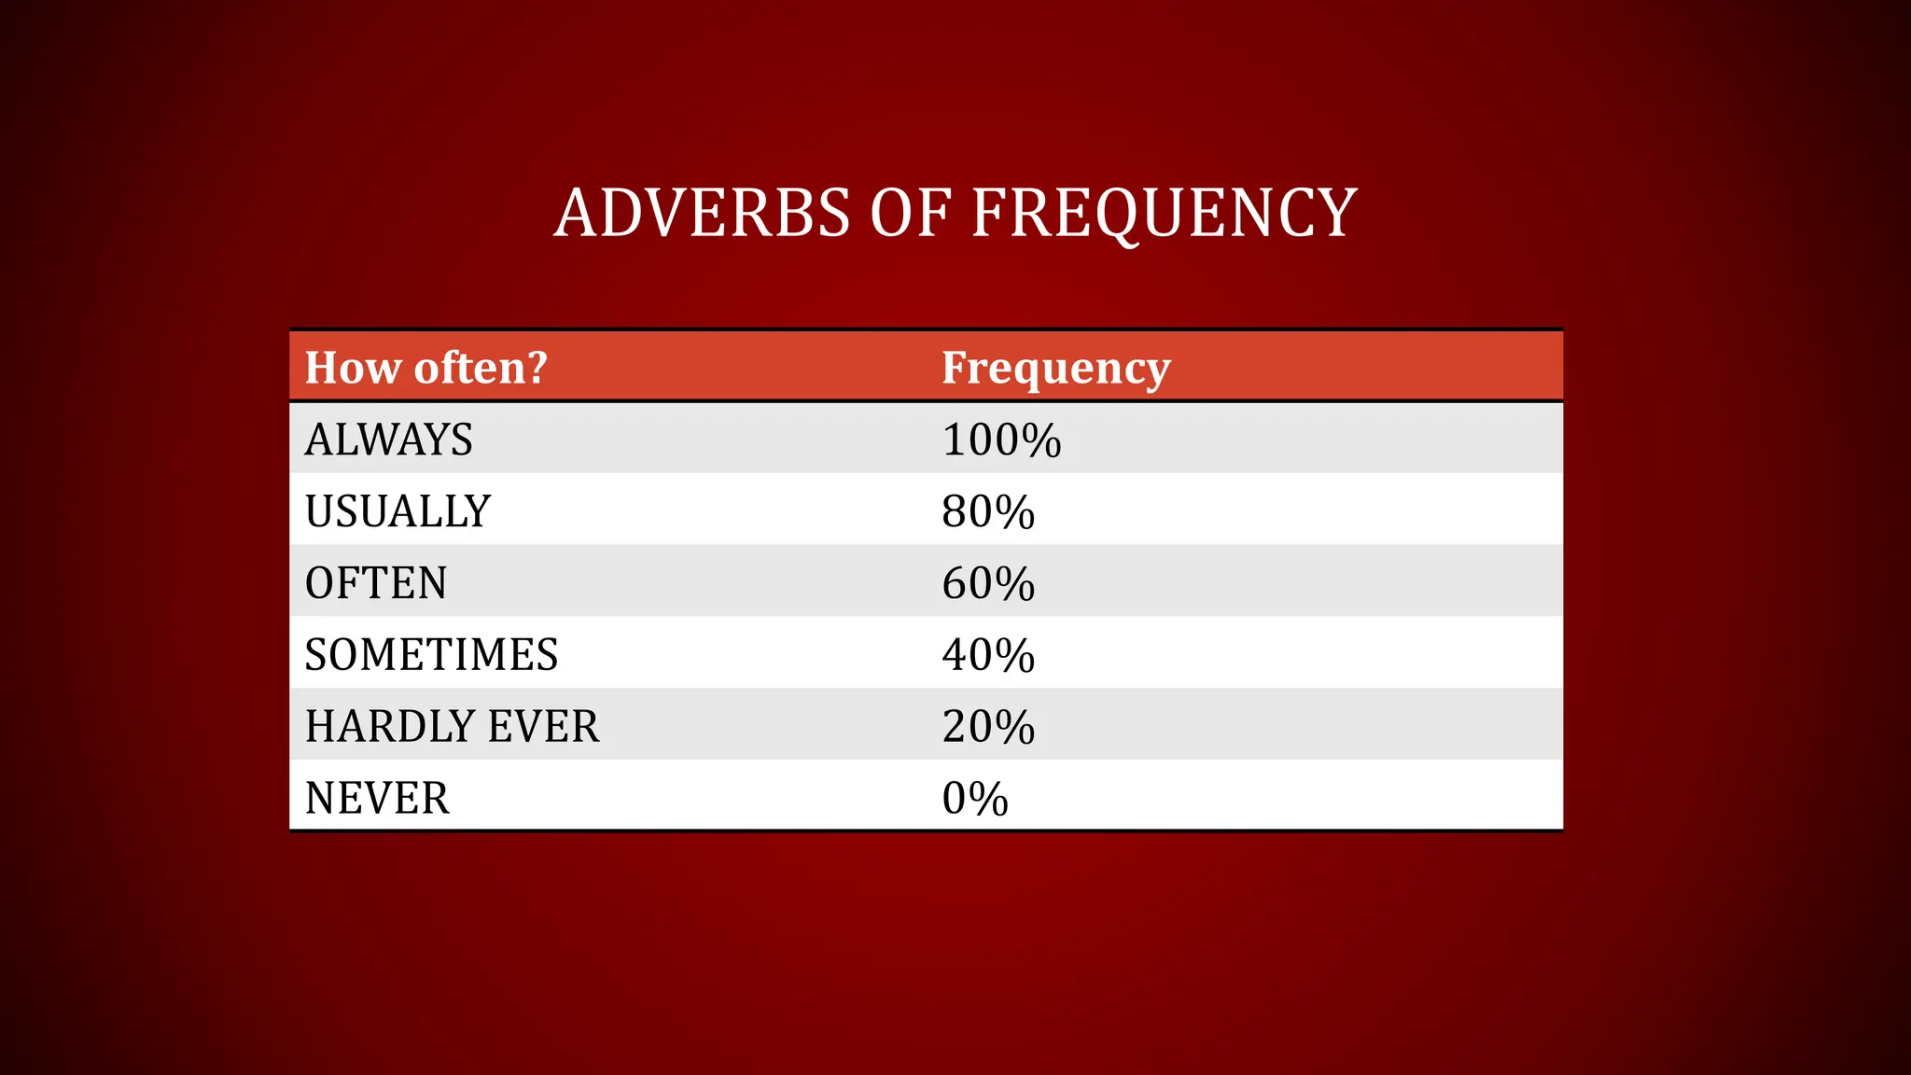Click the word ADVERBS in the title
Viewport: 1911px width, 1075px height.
[x=702, y=214]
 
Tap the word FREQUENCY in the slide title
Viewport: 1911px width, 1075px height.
[x=1164, y=214]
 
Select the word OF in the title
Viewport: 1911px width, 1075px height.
[x=910, y=214]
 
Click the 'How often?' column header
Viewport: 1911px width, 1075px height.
[x=425, y=368]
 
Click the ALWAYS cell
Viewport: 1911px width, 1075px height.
[x=388, y=440]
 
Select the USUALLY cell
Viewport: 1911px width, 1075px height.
[x=398, y=511]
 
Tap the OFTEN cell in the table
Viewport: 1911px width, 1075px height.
[x=376, y=583]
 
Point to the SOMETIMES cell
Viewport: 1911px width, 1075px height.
[x=431, y=655]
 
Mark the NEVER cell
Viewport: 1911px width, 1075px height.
[x=377, y=799]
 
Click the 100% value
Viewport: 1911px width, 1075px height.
[x=1001, y=440]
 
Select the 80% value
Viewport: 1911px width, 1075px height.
[x=988, y=511]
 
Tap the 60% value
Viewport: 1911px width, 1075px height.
[x=988, y=583]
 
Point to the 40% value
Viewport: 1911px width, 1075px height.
[x=988, y=655]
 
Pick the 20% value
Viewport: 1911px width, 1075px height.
[x=988, y=727]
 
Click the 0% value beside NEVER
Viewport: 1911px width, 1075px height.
[x=975, y=799]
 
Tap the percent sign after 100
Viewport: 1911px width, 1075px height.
[x=1038, y=440]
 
